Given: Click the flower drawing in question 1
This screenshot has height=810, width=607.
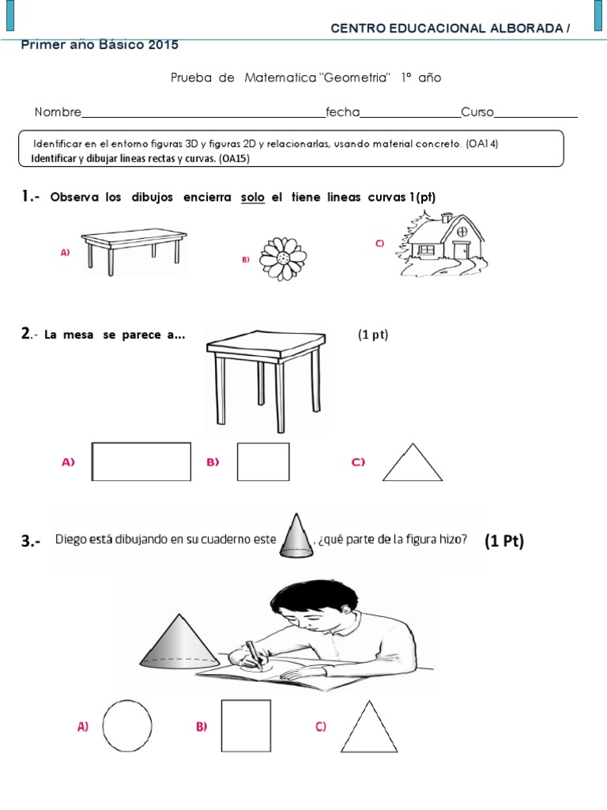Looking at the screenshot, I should coord(282,254).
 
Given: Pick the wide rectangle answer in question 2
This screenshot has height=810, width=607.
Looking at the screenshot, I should coord(141,461).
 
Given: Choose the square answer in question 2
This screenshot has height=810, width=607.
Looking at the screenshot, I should coord(263,461).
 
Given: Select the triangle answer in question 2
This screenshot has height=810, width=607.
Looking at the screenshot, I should coord(413,463).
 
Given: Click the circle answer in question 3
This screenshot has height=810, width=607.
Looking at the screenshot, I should coord(127,726).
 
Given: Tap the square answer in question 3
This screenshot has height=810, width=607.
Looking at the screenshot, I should coord(246,726).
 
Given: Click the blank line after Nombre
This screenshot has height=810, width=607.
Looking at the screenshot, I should coord(203,115).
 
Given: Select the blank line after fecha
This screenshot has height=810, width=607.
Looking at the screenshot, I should coord(410,115).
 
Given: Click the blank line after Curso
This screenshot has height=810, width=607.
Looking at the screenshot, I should coord(535,115).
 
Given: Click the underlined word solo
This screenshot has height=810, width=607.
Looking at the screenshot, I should coord(253,197).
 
